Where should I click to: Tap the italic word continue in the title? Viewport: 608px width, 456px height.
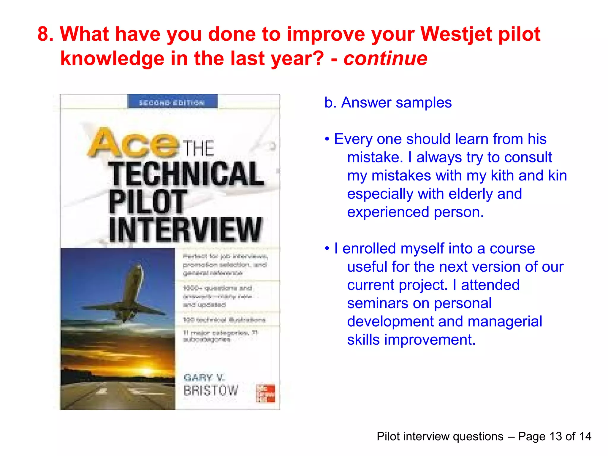(385, 58)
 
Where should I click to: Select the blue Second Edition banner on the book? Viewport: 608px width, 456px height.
(172, 102)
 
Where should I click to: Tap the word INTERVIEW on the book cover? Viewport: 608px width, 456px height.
(186, 230)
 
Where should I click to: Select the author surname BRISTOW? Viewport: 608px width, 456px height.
(211, 391)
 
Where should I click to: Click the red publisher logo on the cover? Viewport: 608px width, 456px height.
(265, 394)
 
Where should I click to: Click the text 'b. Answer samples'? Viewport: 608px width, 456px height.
(388, 103)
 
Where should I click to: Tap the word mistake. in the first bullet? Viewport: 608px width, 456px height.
(375, 157)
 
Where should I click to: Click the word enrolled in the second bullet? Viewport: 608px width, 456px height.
(370, 248)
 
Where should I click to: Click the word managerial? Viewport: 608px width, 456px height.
(505, 322)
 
